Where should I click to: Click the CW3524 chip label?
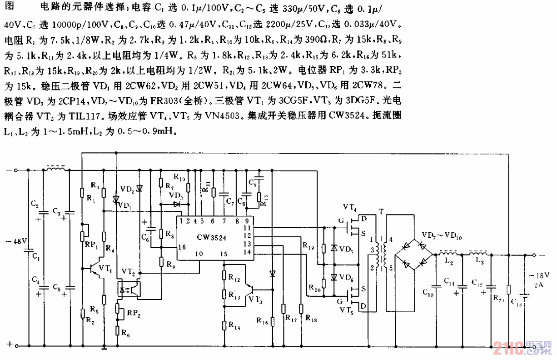click(212, 237)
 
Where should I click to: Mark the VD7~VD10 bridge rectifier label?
click(443, 236)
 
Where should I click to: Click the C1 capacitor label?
click(36, 258)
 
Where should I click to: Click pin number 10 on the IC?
click(199, 253)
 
